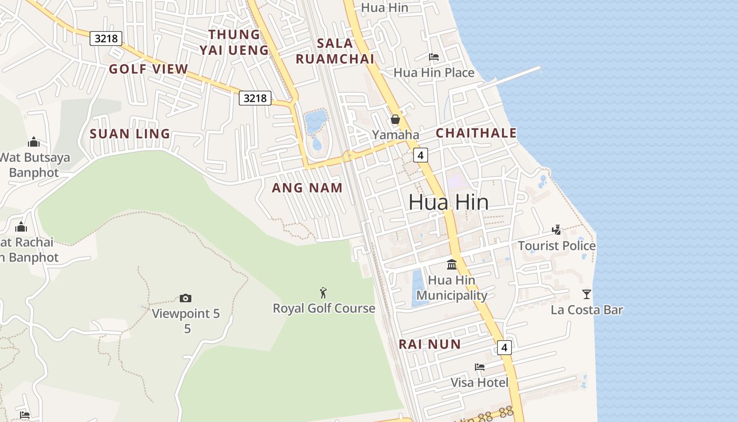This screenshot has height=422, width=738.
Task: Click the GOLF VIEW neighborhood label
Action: [x=148, y=69]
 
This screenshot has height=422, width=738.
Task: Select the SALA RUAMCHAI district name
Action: [x=335, y=51]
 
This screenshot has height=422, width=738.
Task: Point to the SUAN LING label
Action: [x=130, y=134]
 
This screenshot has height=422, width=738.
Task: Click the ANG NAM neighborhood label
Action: [x=307, y=188]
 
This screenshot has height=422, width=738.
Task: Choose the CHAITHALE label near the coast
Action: [x=476, y=133]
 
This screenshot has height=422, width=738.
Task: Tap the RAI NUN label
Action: [x=430, y=344]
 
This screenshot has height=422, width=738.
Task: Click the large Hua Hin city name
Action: [x=448, y=203]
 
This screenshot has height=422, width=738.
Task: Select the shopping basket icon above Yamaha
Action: [x=395, y=120]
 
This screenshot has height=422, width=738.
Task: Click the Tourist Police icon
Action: [x=557, y=230]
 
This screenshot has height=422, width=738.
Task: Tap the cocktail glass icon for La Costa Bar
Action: [x=587, y=294]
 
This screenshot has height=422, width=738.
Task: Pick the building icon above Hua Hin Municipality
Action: [x=452, y=264]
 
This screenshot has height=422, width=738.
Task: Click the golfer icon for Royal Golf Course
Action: [x=324, y=293]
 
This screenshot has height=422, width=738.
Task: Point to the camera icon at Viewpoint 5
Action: [x=186, y=299]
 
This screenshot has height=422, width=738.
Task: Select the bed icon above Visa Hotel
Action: [x=479, y=367]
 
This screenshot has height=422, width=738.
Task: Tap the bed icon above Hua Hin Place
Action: [x=434, y=57]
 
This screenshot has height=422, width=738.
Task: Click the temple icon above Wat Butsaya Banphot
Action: [x=34, y=142]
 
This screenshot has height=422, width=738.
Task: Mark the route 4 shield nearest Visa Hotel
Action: [x=504, y=348]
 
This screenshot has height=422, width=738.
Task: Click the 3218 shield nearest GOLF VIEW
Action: [x=106, y=39]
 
